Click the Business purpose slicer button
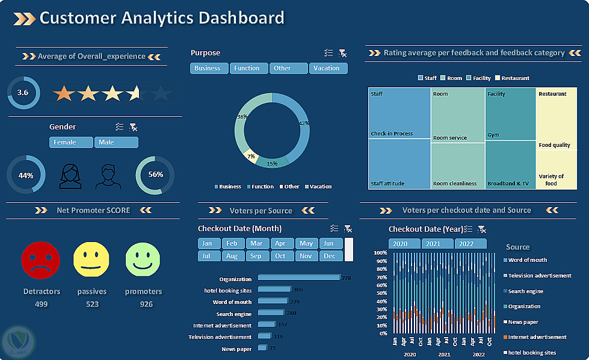coord(209,69)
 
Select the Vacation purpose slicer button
coord(328,69)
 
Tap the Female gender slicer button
coord(71,143)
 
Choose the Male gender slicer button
coord(116,143)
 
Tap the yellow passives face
coord(91,261)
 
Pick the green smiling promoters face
coord(143,261)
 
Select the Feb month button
coord(232,244)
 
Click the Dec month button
coord(330,256)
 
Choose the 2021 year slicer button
coord(437,244)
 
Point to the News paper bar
coord(262,348)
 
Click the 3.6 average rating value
coord(23,93)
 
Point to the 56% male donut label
coord(155,175)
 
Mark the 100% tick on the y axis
coord(380,253)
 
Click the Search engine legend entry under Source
coord(525,291)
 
